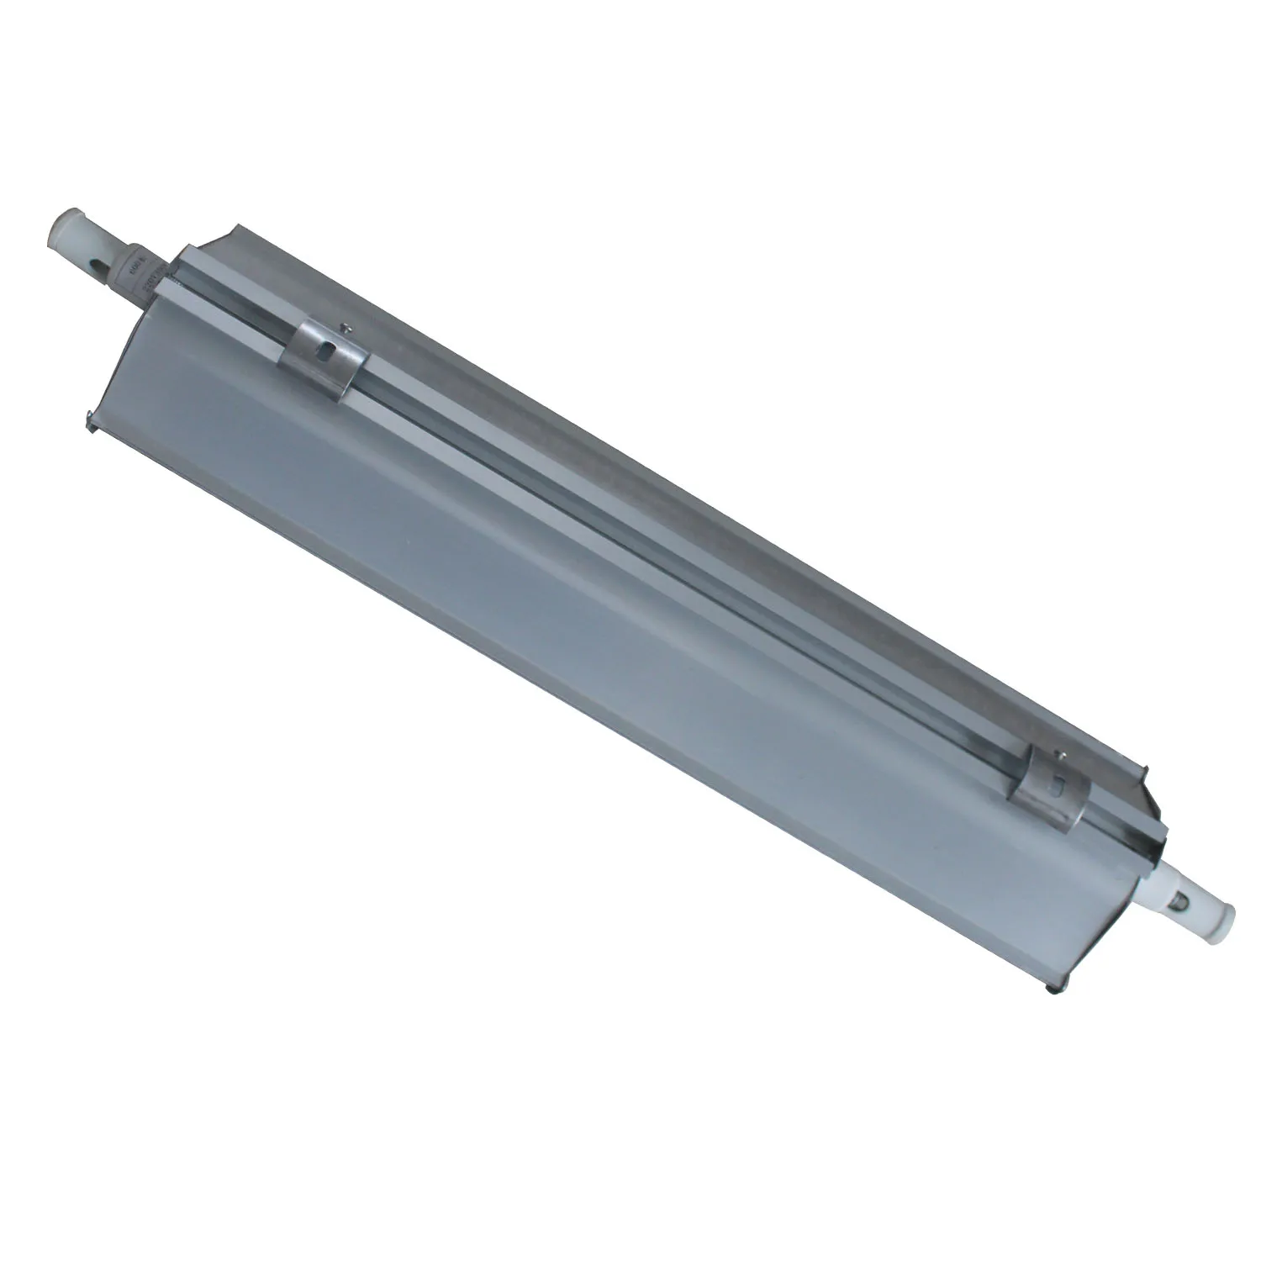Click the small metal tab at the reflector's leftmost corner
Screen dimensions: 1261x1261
pos(87,413)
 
